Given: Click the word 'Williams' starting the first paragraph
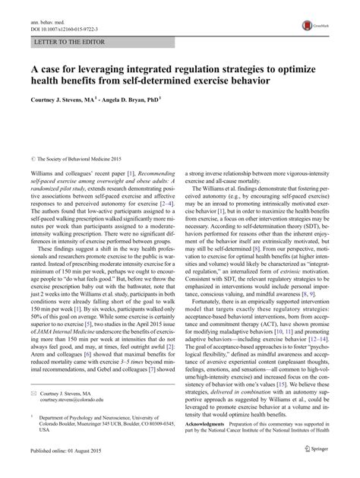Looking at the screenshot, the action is (x=43, y=173).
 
